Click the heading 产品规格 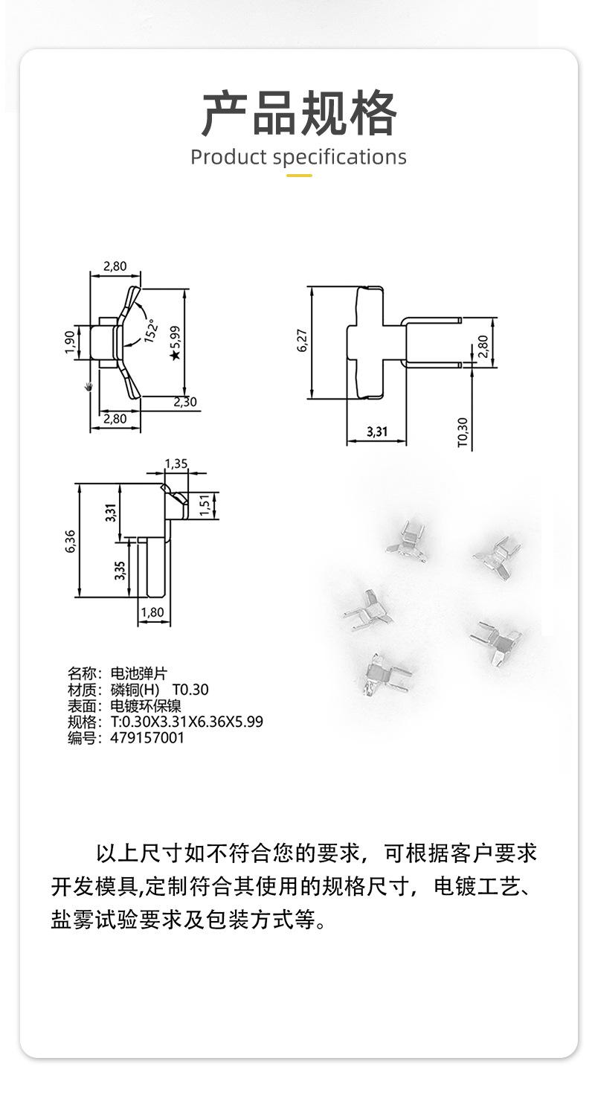tap(298, 113)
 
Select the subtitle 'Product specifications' tap(298, 158)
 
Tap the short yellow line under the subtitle tap(299, 176)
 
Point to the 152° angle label tap(151, 328)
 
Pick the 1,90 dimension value tap(69, 341)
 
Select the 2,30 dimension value tap(185, 402)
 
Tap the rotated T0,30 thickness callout tap(463, 432)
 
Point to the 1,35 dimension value tap(176, 464)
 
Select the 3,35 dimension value tap(120, 569)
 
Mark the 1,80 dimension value tap(152, 613)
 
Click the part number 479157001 tap(147, 738)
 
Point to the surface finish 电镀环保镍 tap(146, 706)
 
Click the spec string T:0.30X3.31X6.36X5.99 tap(186, 722)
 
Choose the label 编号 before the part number tap(83, 738)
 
